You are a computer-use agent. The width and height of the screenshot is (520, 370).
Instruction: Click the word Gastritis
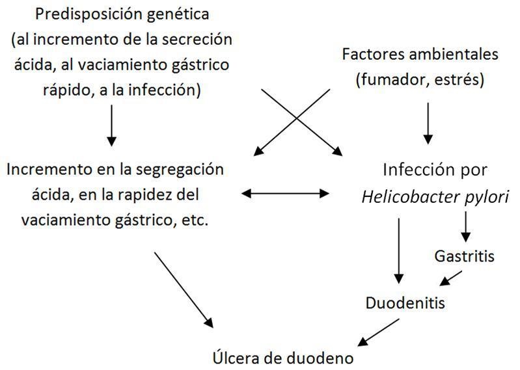pos(464,256)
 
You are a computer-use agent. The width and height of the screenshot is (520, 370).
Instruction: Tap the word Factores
pos(368,54)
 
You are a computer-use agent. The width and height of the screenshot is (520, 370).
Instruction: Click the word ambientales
pos(448,54)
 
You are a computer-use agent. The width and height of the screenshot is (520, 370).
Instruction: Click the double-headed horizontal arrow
pos(285,192)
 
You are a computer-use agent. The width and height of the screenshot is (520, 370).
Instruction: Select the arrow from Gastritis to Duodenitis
pos(451,278)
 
